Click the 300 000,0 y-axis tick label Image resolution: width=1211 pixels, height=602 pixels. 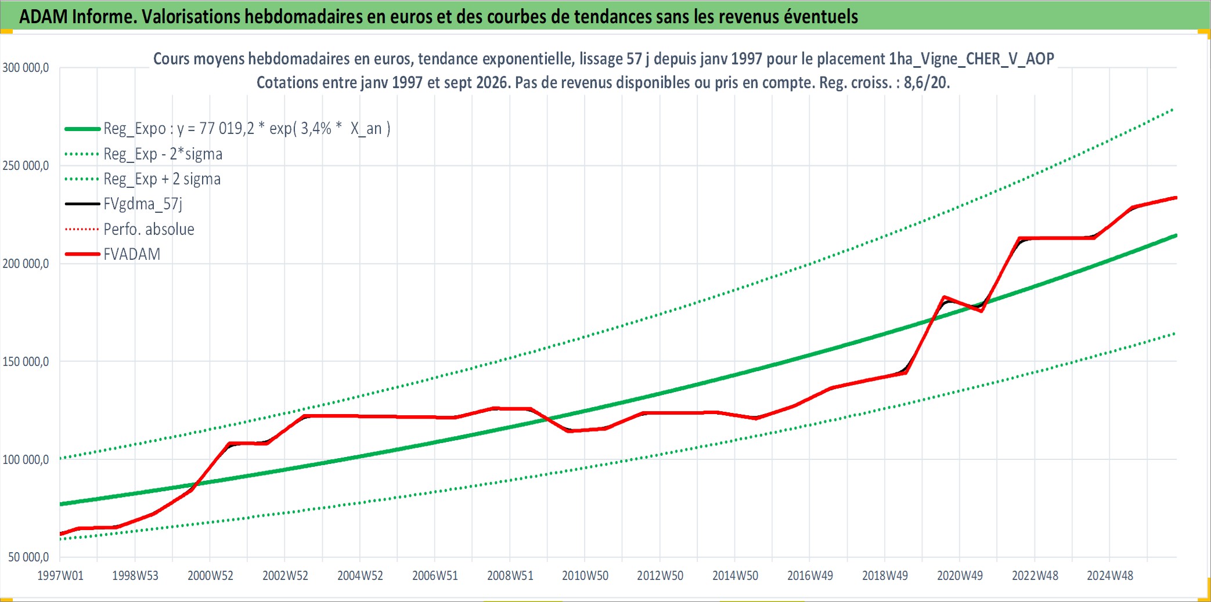coord(26,68)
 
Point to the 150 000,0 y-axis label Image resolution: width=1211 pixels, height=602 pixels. coord(26,362)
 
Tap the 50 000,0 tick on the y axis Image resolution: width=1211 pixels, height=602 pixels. coord(28,557)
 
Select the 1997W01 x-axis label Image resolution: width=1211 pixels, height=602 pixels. coord(60,576)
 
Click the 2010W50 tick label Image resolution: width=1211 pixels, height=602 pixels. coord(585,576)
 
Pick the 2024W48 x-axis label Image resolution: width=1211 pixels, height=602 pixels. coord(1110,576)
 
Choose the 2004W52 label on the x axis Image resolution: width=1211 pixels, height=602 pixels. coord(361,576)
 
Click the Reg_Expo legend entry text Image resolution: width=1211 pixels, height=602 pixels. coord(247,128)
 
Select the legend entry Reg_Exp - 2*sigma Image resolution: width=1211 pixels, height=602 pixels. coord(163,154)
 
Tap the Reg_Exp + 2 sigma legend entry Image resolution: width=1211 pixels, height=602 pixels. coord(162,179)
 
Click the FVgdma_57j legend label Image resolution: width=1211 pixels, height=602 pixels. coord(143,204)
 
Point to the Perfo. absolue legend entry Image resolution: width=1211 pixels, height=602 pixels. coord(149,229)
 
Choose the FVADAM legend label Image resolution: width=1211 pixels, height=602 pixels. coord(132,254)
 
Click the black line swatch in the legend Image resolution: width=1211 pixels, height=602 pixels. coord(82,204)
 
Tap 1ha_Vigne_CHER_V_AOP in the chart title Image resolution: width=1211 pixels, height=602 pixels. coord(971,59)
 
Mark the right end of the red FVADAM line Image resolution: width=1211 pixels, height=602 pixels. coord(1176,198)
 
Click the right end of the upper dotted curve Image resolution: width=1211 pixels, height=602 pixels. coord(1174,109)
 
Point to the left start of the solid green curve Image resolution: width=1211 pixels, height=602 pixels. coord(60,504)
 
